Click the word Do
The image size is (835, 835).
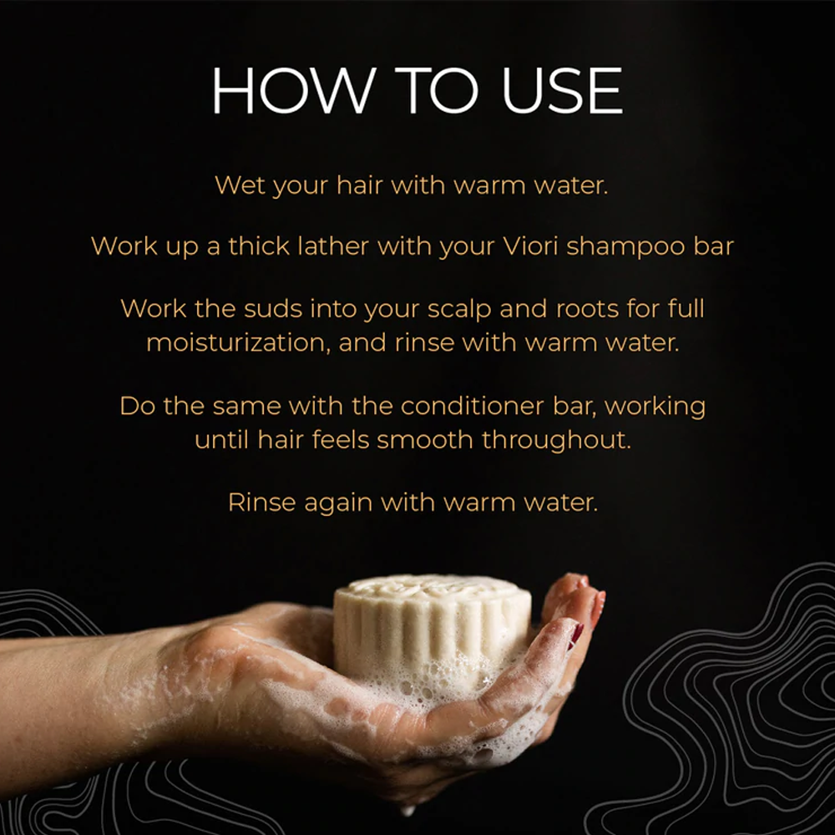tap(137, 407)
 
